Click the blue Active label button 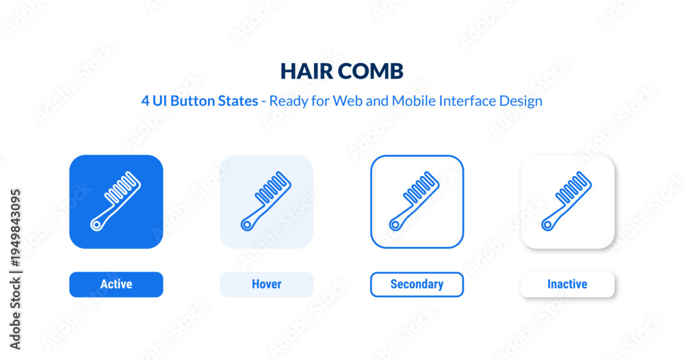(x=116, y=285)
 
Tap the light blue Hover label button (x=267, y=285)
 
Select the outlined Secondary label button (x=417, y=285)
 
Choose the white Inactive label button (x=568, y=285)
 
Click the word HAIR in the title (x=305, y=71)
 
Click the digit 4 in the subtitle (x=145, y=101)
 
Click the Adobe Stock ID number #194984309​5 (x=16, y=228)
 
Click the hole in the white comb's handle (x=96, y=225)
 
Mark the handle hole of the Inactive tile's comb (x=547, y=225)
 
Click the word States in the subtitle (x=238, y=101)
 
